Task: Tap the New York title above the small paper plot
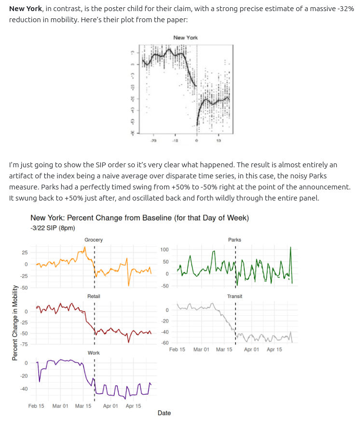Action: pyautogui.click(x=185, y=38)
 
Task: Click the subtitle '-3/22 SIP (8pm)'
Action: pyautogui.click(x=52, y=228)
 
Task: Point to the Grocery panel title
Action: pyautogui.click(x=94, y=240)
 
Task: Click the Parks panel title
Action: pyautogui.click(x=235, y=240)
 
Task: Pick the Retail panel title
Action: pyautogui.click(x=94, y=296)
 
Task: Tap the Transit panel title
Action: pyautogui.click(x=235, y=296)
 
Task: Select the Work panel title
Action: pyautogui.click(x=94, y=353)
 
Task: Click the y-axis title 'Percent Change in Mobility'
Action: pyautogui.click(x=14, y=322)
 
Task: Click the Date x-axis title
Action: pyautogui.click(x=164, y=413)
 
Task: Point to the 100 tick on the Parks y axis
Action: pyautogui.click(x=164, y=249)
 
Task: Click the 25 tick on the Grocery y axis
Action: pyautogui.click(x=25, y=253)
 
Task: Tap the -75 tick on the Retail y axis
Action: pyautogui.click(x=24, y=344)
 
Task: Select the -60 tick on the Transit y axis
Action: pyautogui.click(x=164, y=342)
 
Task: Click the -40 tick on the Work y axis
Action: pyautogui.click(x=24, y=388)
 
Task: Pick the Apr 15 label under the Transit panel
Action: pyautogui.click(x=274, y=349)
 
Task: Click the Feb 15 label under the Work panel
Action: pyautogui.click(x=36, y=406)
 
